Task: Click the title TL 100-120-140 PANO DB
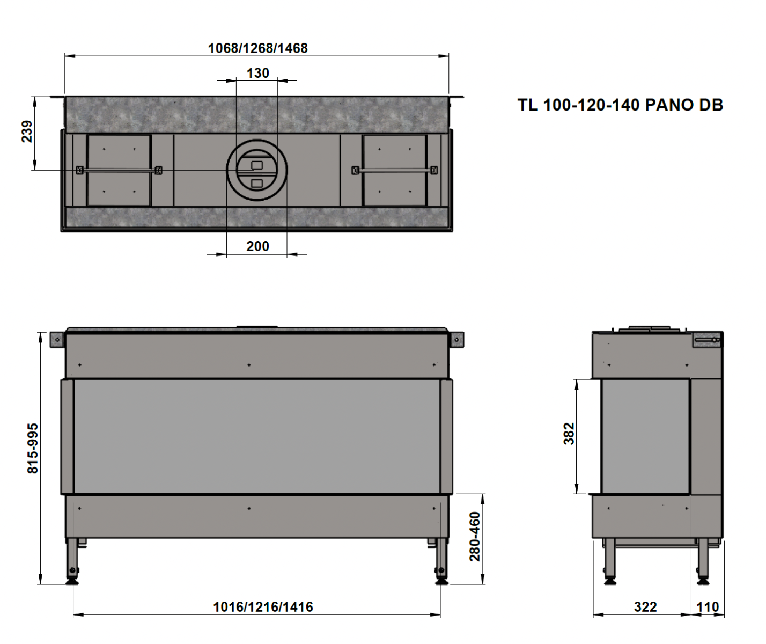[620, 105]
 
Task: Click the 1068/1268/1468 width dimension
[257, 48]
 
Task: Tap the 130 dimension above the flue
[257, 73]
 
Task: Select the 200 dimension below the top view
[257, 246]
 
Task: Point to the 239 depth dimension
[27, 131]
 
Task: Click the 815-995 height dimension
[33, 448]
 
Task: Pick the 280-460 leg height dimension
[475, 537]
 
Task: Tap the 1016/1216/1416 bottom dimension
[263, 607]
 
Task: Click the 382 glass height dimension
[569, 434]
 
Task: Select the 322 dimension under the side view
[645, 607]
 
